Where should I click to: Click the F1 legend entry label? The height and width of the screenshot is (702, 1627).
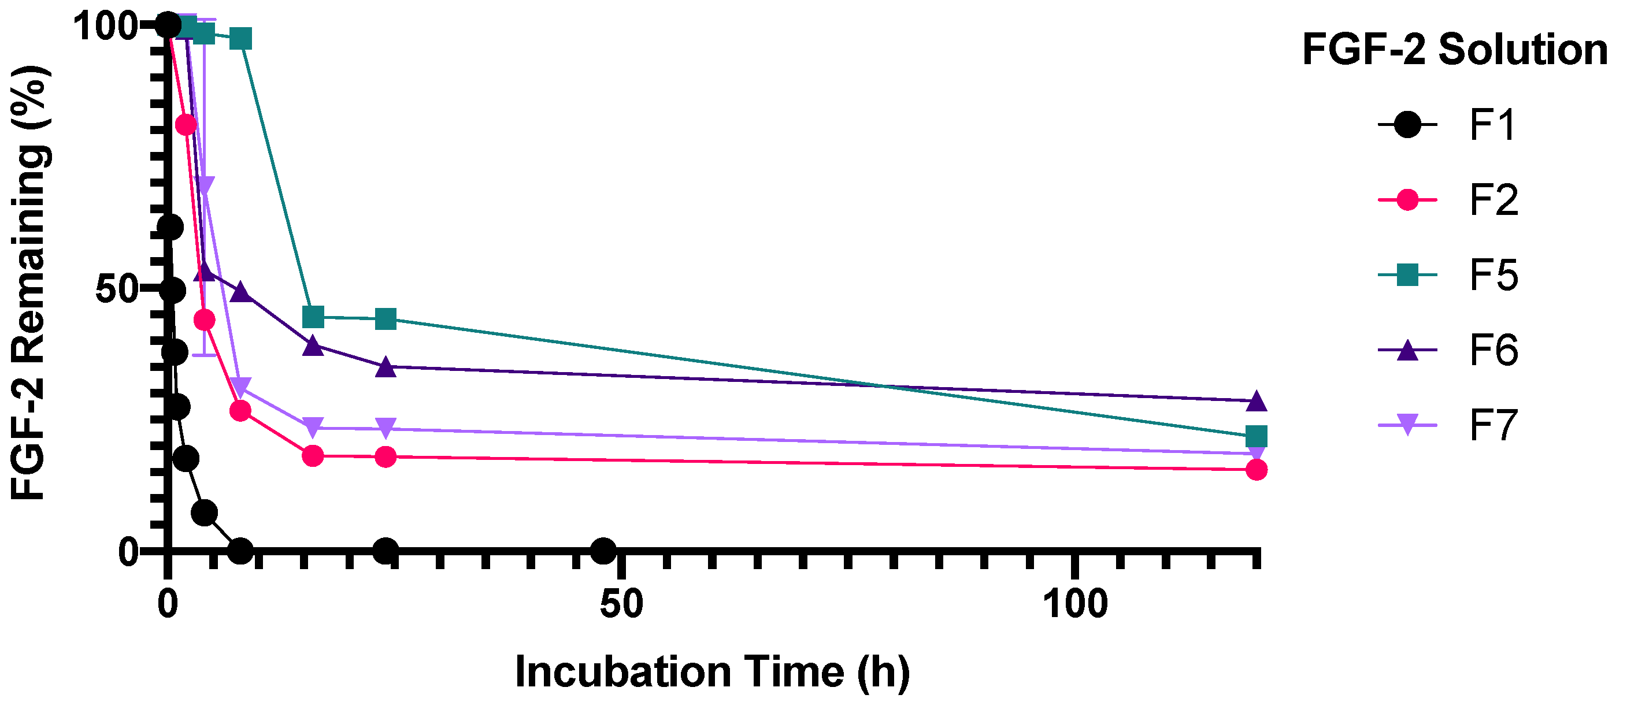(x=1492, y=125)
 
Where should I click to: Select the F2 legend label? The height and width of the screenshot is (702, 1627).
(x=1493, y=200)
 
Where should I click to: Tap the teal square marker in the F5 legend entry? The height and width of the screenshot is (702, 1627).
(x=1408, y=275)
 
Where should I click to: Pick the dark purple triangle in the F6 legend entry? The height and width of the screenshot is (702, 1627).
(x=1408, y=350)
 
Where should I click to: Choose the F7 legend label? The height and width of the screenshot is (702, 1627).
(x=1493, y=425)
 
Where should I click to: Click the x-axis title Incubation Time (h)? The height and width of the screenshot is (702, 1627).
(x=713, y=672)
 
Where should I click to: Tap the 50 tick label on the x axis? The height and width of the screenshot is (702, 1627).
(x=621, y=604)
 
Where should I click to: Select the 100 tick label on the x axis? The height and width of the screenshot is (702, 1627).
(x=1075, y=604)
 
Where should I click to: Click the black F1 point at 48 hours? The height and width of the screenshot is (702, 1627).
(x=603, y=551)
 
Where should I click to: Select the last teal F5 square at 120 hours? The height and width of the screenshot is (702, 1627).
(x=1257, y=436)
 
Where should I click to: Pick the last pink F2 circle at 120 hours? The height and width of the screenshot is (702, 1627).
(x=1257, y=470)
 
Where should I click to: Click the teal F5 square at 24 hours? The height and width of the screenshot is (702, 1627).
(x=386, y=319)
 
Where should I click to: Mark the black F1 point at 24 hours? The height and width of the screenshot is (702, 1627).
(x=386, y=551)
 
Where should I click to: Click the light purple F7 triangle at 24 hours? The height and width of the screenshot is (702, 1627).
(x=386, y=428)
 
